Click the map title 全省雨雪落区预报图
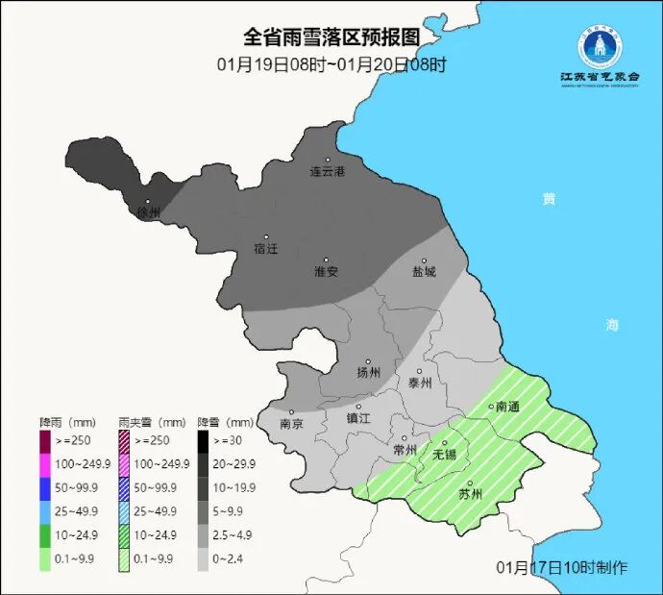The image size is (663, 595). [x=331, y=37]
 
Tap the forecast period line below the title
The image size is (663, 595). [x=331, y=64]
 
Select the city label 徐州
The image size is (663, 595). [x=148, y=212]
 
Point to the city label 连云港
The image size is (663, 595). [x=327, y=172]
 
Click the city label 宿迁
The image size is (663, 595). [x=266, y=249]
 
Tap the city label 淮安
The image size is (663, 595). [x=326, y=271]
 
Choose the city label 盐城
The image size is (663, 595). [x=424, y=271]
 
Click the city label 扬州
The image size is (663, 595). [x=369, y=373]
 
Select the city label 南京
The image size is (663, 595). [x=291, y=423]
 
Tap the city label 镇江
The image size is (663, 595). [x=358, y=418]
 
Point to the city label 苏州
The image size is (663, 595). [x=470, y=495]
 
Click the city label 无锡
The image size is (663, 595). [x=445, y=454]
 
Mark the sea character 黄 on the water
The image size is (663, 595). [x=549, y=199]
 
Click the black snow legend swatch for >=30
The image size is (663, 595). [x=204, y=442]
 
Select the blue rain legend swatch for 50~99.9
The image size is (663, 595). [x=45, y=489]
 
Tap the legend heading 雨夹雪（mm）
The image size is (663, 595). [x=152, y=422]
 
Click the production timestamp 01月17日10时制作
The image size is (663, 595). [x=562, y=567]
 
